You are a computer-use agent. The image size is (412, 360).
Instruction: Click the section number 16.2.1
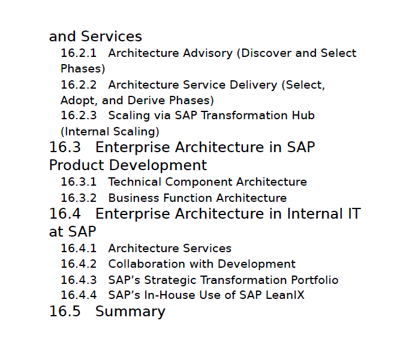[x=79, y=53]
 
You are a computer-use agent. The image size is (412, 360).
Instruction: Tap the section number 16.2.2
[x=79, y=84]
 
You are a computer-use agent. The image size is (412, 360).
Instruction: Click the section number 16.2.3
[x=79, y=116]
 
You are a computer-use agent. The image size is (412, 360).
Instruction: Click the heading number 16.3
[x=65, y=147]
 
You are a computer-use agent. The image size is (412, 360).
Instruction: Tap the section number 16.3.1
[x=79, y=182]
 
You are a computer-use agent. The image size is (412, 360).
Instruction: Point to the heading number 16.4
[x=65, y=213]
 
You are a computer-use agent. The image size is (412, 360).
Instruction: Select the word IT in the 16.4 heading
[x=354, y=213]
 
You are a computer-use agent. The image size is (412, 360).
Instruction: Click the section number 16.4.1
[x=79, y=248]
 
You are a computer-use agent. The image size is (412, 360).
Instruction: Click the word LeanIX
[x=285, y=295]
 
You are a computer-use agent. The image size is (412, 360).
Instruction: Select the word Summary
[x=130, y=312]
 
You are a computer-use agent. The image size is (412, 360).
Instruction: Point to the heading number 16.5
[x=65, y=311]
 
